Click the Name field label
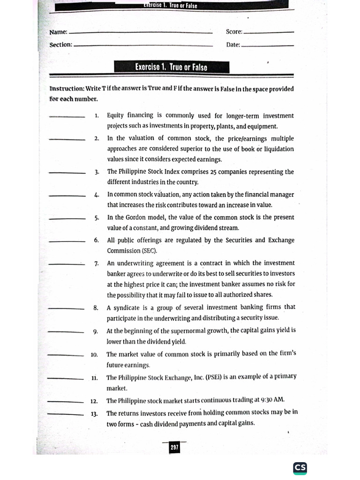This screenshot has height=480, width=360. [x=59, y=32]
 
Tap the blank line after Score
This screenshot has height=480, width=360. [x=269, y=33]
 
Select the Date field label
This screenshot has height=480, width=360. [x=233, y=45]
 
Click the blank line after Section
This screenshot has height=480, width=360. [x=143, y=45]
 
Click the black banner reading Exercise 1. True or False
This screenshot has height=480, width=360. [x=171, y=67]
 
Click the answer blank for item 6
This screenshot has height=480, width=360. [x=67, y=241]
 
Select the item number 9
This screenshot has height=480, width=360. [x=95, y=332]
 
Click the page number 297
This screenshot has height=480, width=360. [x=174, y=448]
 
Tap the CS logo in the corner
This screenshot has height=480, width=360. [x=300, y=468]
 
